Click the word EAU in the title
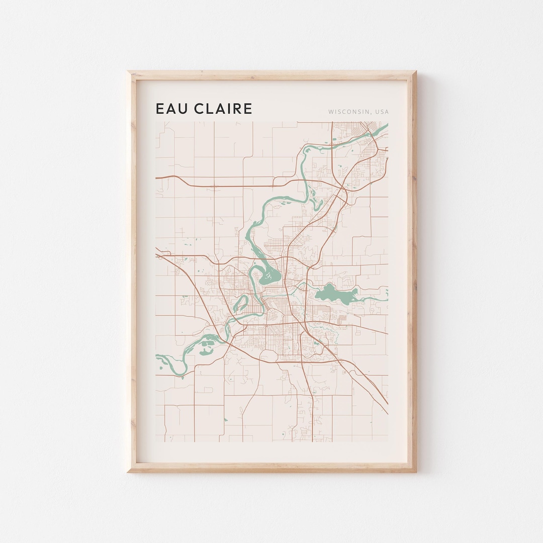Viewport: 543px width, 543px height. [x=171, y=109]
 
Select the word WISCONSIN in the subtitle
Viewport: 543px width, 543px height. [x=348, y=112]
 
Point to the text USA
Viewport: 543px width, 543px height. [x=381, y=112]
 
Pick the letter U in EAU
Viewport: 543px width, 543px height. [x=182, y=109]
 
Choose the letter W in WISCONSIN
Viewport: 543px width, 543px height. [x=331, y=112]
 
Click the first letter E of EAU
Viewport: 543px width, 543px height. [x=160, y=109]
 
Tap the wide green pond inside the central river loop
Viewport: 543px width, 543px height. [x=270, y=276]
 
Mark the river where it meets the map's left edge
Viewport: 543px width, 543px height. [x=159, y=358]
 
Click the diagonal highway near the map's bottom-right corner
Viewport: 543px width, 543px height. [x=375, y=390]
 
